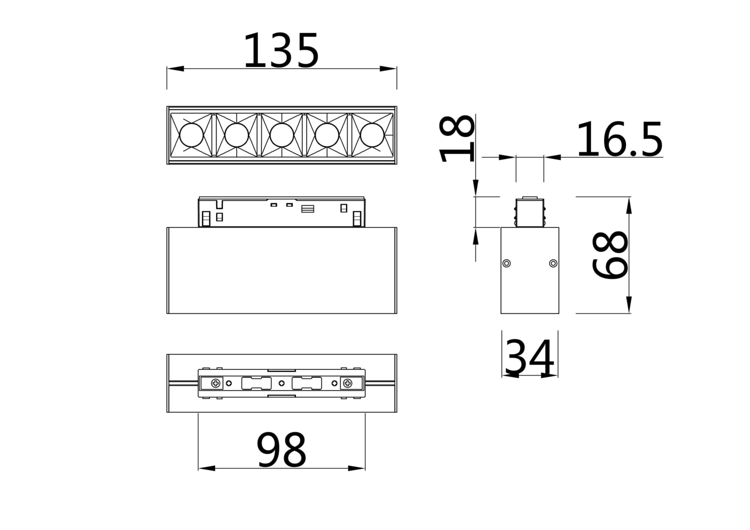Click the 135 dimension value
281,51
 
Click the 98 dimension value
281,449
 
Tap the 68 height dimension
609,255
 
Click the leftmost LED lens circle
191,135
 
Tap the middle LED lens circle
282,135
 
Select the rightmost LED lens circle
372,135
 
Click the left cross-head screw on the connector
216,383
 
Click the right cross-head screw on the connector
348,383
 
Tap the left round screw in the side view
507,263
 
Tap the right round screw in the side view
553,263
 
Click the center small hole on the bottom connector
282,383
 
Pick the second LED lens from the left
237,135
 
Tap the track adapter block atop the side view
529,213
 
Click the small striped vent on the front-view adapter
307,209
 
